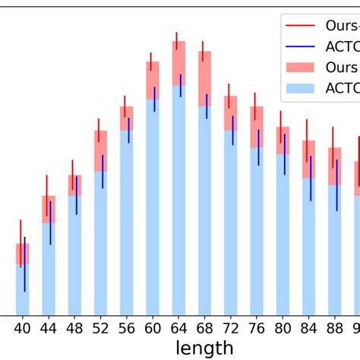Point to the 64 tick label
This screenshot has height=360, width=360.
point(178,329)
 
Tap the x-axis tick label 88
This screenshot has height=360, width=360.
point(335,329)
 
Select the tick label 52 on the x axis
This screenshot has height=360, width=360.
point(99,329)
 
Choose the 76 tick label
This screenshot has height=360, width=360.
point(257,329)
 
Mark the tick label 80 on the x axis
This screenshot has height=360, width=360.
point(283,329)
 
